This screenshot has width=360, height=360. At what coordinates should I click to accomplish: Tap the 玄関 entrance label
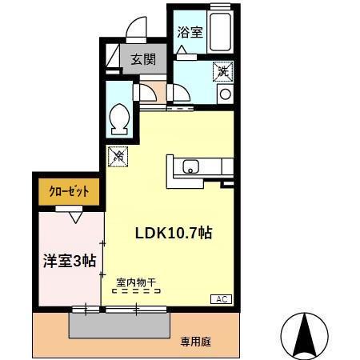144,59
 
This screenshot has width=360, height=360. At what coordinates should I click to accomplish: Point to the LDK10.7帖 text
172,233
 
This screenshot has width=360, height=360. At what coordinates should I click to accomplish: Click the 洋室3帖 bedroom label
69,260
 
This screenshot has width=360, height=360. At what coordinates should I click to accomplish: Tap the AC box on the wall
221,298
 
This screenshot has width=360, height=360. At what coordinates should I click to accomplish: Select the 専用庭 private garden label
195,342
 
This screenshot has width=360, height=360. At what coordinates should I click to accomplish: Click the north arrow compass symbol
304,334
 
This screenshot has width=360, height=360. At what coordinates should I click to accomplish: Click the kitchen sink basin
191,167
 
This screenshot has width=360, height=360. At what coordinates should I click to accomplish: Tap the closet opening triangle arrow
75,214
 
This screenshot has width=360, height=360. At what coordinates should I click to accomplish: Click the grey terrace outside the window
120,324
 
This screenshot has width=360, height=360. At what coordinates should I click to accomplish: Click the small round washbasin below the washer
224,94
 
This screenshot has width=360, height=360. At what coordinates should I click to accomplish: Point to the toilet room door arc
146,92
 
